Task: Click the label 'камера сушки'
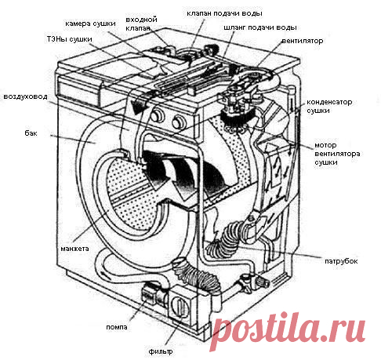click(90, 24)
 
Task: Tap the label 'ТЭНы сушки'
click(70, 39)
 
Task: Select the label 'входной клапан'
click(141, 24)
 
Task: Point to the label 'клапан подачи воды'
click(224, 13)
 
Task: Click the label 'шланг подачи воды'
click(260, 27)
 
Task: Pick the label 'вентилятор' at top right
click(303, 41)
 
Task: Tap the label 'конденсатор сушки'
click(329, 106)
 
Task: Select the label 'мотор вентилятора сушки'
click(337, 154)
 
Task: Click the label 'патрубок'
click(341, 261)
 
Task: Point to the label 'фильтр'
click(161, 351)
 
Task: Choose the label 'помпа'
click(117, 327)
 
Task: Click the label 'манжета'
click(74, 249)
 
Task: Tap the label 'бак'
click(31, 133)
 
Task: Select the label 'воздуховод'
click(25, 96)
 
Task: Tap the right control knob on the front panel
click(178, 122)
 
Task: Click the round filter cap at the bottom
click(180, 307)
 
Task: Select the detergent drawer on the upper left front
click(78, 89)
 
